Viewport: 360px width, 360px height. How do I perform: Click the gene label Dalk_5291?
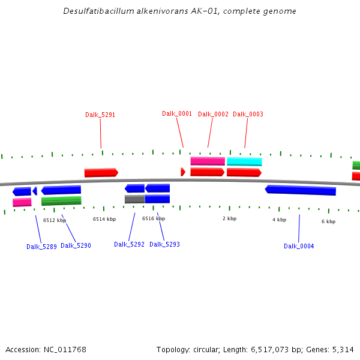[x=100, y=115]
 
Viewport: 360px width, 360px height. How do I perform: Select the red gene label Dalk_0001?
[x=177, y=113]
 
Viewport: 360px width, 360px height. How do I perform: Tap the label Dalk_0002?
[x=213, y=114]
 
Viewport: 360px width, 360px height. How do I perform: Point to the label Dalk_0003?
[x=248, y=114]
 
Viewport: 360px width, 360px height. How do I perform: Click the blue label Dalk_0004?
[x=299, y=246]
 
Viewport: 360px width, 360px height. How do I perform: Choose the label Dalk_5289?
[x=41, y=247]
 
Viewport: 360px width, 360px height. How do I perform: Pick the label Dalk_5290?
[x=76, y=245]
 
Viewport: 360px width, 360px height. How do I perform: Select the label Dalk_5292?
[x=129, y=244]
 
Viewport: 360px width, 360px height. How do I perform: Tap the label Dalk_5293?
[x=164, y=244]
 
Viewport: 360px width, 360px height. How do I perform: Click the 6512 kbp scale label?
[x=55, y=220]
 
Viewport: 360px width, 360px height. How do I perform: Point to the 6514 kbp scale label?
[x=104, y=219]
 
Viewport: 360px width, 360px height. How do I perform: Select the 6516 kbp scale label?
[x=154, y=218]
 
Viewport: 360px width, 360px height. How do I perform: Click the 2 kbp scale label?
[x=230, y=218]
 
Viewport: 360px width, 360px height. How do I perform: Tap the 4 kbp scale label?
[x=279, y=220]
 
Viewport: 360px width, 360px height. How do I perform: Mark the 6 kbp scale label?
[x=328, y=221]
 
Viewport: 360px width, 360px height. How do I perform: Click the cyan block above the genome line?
[x=244, y=161]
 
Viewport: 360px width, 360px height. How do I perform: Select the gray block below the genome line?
[x=134, y=199]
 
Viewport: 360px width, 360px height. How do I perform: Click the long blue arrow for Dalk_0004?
[x=301, y=190]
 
